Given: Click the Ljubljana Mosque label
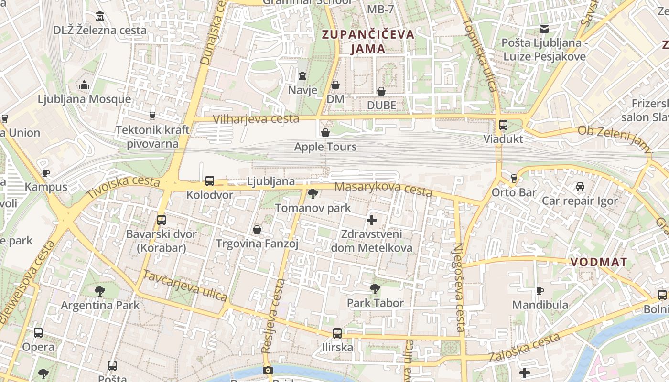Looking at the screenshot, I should click(x=84, y=99).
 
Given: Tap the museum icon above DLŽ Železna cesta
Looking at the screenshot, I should click(x=100, y=16).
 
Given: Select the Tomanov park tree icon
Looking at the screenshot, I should click(x=313, y=194).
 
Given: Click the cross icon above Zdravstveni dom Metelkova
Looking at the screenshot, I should click(x=371, y=220).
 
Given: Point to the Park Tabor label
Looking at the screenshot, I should click(x=375, y=303).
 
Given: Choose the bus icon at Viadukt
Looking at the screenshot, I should click(x=503, y=125).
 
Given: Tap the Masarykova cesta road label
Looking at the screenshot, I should click(x=383, y=189).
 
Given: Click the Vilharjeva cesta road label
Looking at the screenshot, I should click(x=256, y=119).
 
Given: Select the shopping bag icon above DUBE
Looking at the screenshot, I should click(x=381, y=91).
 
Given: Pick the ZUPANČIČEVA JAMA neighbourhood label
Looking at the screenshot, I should click(x=368, y=42).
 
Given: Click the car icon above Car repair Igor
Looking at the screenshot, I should click(x=580, y=187).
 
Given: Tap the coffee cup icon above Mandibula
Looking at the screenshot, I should click(x=540, y=291).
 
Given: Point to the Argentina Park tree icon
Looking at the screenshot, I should click(x=100, y=291).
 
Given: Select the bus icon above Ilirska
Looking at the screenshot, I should click(x=337, y=333).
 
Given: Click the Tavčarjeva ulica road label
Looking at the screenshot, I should click(x=185, y=286).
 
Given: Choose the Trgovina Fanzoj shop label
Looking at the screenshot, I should click(x=257, y=244).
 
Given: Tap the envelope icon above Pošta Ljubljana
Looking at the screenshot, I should click(x=544, y=29).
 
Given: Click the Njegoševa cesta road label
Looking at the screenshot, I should click(x=458, y=286).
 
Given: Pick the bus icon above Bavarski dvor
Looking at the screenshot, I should click(x=162, y=220).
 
